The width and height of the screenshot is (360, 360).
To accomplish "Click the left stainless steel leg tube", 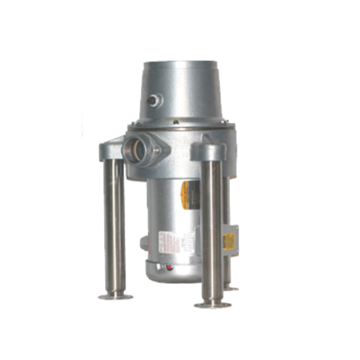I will click(x=114, y=227).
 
